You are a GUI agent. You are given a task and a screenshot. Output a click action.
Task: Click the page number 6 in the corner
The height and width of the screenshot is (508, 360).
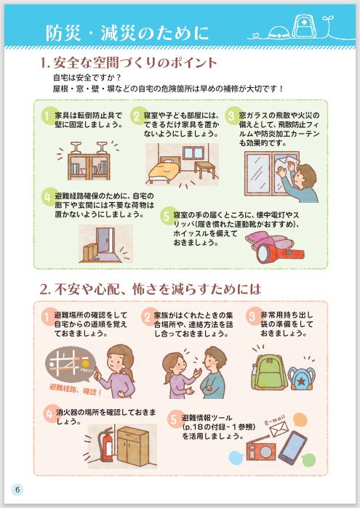coord(17,489)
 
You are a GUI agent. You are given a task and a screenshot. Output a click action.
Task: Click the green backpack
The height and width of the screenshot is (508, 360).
coord(268,372)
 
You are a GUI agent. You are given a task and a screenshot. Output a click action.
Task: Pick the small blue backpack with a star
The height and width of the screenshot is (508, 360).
coord(301,378)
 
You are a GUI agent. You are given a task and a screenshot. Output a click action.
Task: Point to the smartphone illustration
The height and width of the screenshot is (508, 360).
coord(293,446)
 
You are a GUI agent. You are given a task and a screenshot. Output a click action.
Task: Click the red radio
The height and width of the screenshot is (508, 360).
coord(261,451)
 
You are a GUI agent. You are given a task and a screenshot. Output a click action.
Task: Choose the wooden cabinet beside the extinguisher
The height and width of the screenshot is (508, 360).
coord(133,446)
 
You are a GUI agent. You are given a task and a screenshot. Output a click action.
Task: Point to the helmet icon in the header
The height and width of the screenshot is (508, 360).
coord(279,32)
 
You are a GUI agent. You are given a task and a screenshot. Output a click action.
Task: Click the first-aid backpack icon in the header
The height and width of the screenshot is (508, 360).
coord(304,26)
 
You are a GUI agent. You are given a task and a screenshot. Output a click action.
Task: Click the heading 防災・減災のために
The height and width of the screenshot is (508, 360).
coord(127,33)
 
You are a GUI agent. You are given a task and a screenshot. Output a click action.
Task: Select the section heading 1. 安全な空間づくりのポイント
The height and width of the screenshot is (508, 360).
coord(128,63)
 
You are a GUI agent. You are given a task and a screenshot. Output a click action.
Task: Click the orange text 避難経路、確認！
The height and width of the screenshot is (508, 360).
coord(76,389)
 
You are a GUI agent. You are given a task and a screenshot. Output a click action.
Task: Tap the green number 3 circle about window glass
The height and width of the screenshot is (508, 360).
coord(231,116)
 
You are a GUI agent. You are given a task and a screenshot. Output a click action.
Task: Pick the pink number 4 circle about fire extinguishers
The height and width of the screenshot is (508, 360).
coord(49,414)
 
